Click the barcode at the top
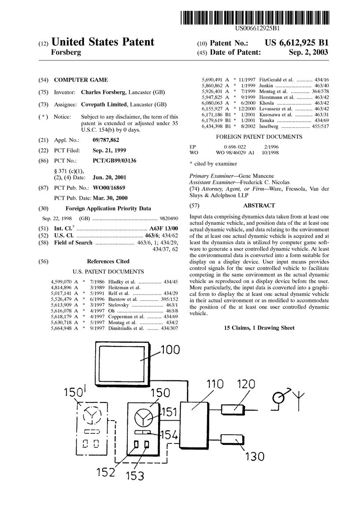pos(255,18)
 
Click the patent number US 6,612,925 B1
pos(297,43)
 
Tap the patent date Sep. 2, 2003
pos(308,52)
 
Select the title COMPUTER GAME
pos(81,80)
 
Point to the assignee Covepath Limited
pos(104,104)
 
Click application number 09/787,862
pos(106,140)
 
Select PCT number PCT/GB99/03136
pos(114,160)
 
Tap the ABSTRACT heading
pos(259,205)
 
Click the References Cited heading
pos(108,261)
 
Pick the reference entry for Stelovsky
pos(114,305)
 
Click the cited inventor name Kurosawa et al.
pos(275,115)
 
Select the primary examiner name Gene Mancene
pos(256,176)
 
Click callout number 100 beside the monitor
pos(170,350)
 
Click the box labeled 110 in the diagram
pos(194,425)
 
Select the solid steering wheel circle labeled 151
pos(143,418)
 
